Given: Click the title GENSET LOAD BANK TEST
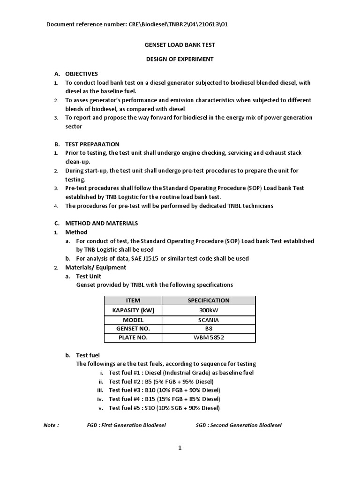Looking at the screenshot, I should [179, 45].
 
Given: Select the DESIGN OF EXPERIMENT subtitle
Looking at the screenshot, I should [180, 59].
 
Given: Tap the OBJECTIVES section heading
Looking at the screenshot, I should [81, 74].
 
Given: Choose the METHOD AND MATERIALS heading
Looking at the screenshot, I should [101, 223].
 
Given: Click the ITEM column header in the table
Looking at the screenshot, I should [133, 300].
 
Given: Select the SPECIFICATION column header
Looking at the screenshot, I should [209, 300].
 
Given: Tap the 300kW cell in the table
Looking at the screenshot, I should [209, 310].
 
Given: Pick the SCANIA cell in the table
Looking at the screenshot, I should [209, 320].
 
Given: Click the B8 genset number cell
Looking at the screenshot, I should [209, 329].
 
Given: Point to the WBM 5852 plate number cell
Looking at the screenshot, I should [209, 337].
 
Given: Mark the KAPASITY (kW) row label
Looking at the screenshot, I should [133, 310].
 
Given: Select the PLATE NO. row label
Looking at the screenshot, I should [133, 337].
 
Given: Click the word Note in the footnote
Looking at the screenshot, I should [51, 425].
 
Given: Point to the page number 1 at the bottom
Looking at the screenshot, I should [180, 448].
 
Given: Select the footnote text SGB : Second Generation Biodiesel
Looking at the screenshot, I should [239, 425].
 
